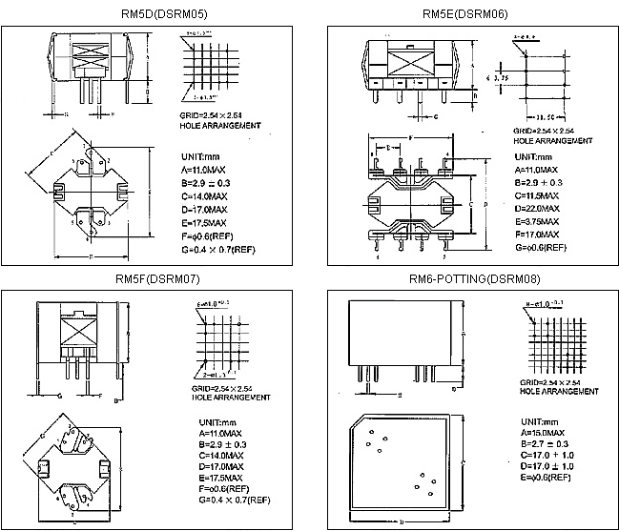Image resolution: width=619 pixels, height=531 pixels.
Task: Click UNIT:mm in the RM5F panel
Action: click(200, 420)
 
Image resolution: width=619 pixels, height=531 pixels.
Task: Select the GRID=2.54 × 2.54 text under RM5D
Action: click(212, 115)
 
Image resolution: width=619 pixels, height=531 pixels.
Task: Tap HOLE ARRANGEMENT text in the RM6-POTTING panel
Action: click(554, 392)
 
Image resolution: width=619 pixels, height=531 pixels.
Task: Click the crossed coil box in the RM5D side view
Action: click(93, 53)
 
